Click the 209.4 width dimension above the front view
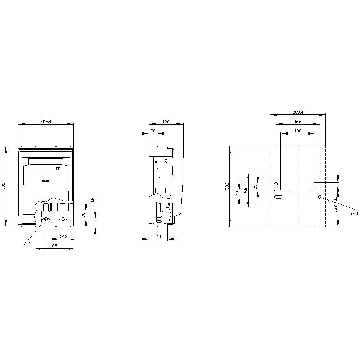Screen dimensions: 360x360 coord(46,122)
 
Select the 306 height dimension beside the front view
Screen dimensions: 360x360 coord(4,186)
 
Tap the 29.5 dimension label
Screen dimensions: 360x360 coord(93,201)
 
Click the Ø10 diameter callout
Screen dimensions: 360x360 coord(26,244)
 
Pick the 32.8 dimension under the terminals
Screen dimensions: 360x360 coord(63,237)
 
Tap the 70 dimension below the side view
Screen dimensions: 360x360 coord(158,237)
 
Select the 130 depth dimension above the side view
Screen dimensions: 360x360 coord(166,122)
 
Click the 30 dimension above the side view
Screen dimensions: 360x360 coord(153,131)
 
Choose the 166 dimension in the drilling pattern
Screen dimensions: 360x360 coord(297,122)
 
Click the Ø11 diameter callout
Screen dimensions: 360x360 coord(355,214)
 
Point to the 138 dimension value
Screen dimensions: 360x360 coord(335,208)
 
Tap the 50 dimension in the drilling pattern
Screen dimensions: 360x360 coord(246,190)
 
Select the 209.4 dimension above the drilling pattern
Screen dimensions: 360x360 coord(297,112)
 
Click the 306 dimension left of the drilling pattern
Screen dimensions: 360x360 coord(227,186)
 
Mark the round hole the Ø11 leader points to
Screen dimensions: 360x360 coord(320,197)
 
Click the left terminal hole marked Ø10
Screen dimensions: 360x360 coord(46,219)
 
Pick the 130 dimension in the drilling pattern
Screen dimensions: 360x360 coord(297,131)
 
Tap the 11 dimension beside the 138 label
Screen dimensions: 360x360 coord(335,198)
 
